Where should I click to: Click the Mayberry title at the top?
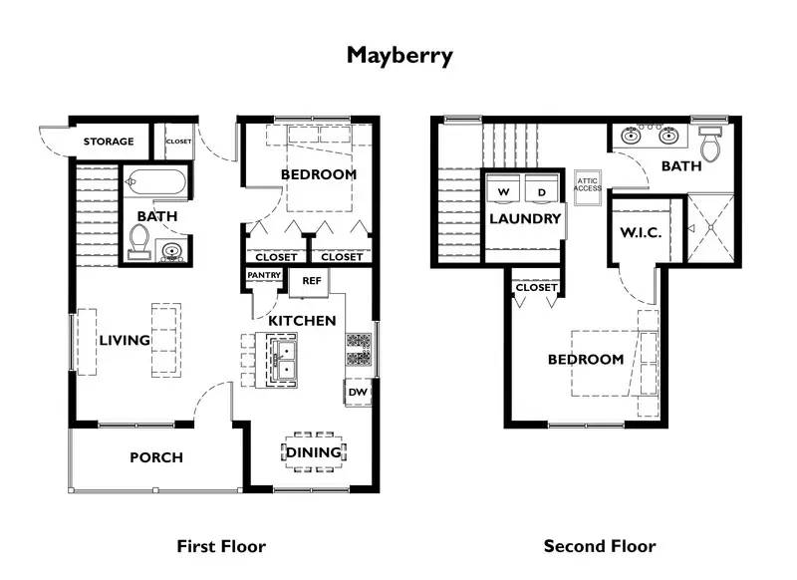398,55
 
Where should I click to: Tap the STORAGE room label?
108,142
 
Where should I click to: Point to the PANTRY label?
263,276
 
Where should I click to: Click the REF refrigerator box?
312,281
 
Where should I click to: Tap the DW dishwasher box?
358,394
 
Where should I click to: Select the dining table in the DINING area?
314,452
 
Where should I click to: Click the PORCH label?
156,457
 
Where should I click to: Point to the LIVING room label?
125,341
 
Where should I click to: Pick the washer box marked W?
503,190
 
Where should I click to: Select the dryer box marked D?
542,190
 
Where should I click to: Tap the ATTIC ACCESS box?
588,184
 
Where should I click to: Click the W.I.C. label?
641,232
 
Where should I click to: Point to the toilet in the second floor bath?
710,147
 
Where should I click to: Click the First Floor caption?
221,546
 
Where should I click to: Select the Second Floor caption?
600,546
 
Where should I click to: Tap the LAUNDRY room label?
525,219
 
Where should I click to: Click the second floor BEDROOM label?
586,360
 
